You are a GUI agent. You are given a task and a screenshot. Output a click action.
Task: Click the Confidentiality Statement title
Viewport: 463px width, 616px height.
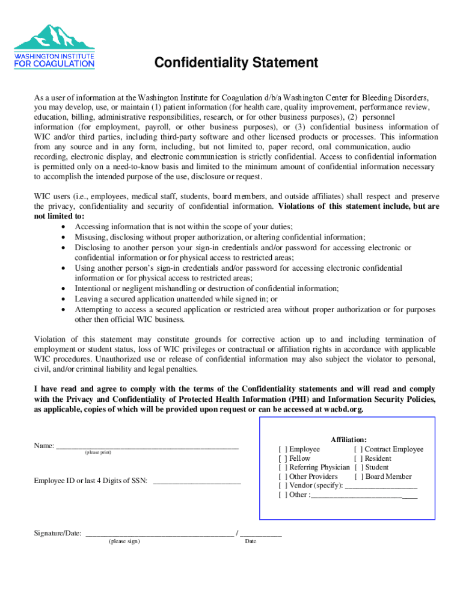pyautogui.click(x=236, y=63)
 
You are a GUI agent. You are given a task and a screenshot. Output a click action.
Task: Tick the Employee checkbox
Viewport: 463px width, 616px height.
pyautogui.click(x=283, y=449)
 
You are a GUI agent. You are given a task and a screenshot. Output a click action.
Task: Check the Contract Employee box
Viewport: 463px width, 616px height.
pyautogui.click(x=358, y=449)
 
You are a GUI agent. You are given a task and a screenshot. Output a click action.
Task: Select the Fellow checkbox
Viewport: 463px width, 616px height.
pyautogui.click(x=283, y=458)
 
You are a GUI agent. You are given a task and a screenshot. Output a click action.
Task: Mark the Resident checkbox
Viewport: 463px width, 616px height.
pyautogui.click(x=358, y=458)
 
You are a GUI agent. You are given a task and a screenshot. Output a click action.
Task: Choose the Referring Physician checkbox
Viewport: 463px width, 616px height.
pyautogui.click(x=283, y=467)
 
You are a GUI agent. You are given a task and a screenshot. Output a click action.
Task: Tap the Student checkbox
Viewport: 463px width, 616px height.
pyautogui.click(x=358, y=467)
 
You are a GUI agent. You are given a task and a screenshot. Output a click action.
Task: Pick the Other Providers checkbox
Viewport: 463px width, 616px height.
pyautogui.click(x=283, y=476)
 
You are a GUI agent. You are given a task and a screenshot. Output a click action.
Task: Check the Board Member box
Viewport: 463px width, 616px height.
pyautogui.click(x=358, y=476)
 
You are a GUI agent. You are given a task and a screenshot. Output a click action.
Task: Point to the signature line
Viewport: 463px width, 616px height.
pyautogui.click(x=160, y=534)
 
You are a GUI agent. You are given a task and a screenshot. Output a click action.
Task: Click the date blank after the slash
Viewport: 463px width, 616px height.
pyautogui.click(x=260, y=534)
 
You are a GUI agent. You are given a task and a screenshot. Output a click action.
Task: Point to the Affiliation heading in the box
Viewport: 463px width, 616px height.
pyautogui.click(x=349, y=440)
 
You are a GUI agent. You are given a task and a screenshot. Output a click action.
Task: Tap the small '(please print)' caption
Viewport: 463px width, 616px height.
pyautogui.click(x=97, y=453)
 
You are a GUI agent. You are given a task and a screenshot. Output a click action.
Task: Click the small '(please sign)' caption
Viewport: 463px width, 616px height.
pyautogui.click(x=124, y=541)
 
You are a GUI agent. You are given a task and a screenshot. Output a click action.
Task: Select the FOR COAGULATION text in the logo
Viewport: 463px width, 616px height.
pyautogui.click(x=54, y=64)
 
